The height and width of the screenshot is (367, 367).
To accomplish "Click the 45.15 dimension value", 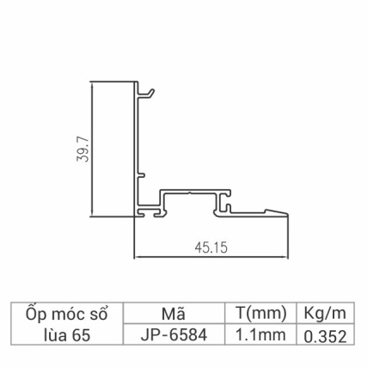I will click(210, 247).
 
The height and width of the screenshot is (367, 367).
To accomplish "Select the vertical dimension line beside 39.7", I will click(91, 150).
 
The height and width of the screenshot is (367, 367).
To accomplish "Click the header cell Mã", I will click(174, 313).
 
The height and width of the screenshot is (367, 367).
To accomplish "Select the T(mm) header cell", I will click(259, 313).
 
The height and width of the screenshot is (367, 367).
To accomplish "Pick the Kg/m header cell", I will click(325, 313).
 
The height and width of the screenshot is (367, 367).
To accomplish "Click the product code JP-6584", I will click(174, 334).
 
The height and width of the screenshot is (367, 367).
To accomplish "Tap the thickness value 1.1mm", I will click(259, 334).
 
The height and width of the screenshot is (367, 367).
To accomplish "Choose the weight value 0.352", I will click(325, 335).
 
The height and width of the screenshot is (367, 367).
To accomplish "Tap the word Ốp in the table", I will click(37, 313).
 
